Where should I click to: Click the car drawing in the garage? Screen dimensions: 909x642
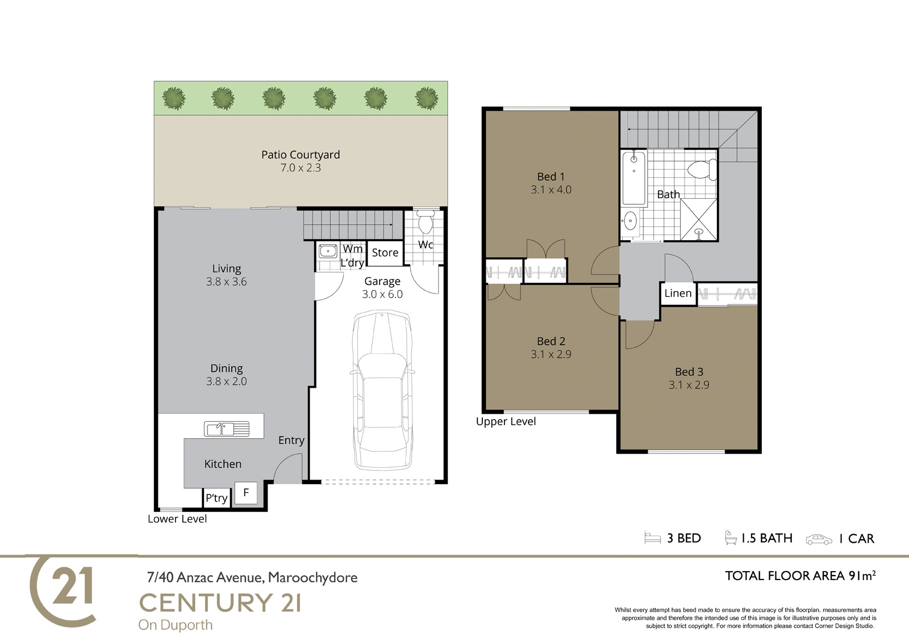tap(382, 391)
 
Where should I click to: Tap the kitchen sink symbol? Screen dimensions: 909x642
tap(227, 429)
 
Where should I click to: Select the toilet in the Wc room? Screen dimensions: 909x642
tap(426, 221)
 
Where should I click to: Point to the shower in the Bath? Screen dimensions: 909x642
tap(698, 220)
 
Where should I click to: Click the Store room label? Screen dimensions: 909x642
tap(385, 253)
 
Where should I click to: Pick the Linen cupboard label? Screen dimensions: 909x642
tap(678, 293)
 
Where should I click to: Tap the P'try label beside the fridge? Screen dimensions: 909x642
tap(216, 498)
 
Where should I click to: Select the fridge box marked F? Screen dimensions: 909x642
tap(246, 493)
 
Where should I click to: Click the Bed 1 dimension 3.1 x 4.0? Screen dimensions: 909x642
tap(551, 190)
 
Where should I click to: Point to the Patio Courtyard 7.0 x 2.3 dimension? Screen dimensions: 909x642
tap(301, 167)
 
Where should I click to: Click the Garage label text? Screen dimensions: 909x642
tap(382, 281)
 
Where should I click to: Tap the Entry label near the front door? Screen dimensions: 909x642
tap(291, 440)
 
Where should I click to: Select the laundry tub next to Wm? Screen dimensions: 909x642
tap(327, 251)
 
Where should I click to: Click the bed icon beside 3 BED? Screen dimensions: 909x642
tap(653, 538)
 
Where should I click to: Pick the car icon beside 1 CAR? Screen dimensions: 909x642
tap(819, 539)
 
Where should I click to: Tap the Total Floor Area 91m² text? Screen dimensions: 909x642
tap(800, 576)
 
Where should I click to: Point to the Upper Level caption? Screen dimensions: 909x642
tap(506, 421)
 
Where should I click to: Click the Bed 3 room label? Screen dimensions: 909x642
tap(689, 371)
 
